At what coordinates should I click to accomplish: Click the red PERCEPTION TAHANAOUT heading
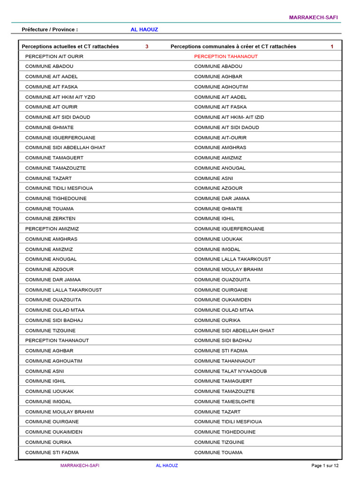pyautogui.click(x=226, y=56)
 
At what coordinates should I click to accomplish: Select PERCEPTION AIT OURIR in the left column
pyautogui.click(x=54, y=56)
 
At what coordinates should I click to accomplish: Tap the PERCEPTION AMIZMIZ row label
pyautogui.click(x=52, y=229)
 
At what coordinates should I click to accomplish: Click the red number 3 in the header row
pyautogui.click(x=147, y=46)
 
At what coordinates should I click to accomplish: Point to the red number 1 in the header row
pyautogui.click(x=332, y=46)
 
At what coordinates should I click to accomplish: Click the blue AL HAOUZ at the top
pyautogui.click(x=144, y=30)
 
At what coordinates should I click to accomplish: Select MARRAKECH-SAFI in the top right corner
pyautogui.click(x=313, y=17)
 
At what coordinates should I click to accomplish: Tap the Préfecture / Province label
pyautogui.click(x=50, y=30)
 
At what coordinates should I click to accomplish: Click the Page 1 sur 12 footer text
pyautogui.click(x=325, y=465)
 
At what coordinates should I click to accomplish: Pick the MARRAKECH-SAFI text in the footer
pyautogui.click(x=80, y=465)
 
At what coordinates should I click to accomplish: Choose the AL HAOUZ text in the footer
pyautogui.click(x=167, y=465)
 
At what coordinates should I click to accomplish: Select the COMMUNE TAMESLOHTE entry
pyautogui.click(x=225, y=402)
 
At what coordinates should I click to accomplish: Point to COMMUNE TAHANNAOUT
pyautogui.click(x=225, y=361)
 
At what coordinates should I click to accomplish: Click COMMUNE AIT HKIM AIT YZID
pyautogui.click(x=60, y=97)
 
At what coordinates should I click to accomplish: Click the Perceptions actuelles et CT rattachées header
pyautogui.click(x=70, y=46)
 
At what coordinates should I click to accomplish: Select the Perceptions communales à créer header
pyautogui.click(x=233, y=46)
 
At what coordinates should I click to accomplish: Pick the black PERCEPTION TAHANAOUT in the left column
pyautogui.click(x=57, y=340)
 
